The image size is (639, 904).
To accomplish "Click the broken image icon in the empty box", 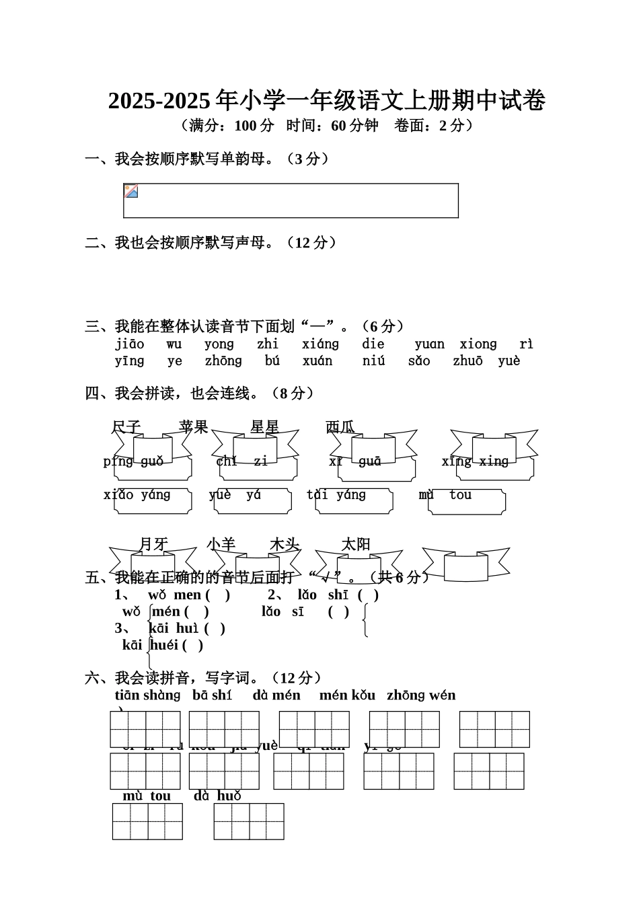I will tap(131, 191).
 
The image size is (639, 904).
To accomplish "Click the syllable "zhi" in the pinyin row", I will tap(267, 344).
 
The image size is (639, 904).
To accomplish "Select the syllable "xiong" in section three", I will tap(478, 344).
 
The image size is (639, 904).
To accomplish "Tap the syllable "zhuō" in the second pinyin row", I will tap(467, 361).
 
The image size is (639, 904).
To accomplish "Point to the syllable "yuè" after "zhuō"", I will tap(509, 361).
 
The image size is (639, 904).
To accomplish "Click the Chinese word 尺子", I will tap(126, 427).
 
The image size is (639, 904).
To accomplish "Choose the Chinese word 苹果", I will tap(194, 427).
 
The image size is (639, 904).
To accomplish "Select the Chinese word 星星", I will tap(264, 427).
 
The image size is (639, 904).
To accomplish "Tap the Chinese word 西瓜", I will tap(340, 427).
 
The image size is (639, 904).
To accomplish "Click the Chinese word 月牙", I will tap(153, 544).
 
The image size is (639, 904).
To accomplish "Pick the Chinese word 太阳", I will tap(356, 544).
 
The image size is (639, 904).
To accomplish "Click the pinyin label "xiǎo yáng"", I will tap(137, 495).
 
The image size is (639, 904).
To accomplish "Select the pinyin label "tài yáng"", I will tap(336, 495).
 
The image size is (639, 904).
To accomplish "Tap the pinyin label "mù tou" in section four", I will tap(445, 495).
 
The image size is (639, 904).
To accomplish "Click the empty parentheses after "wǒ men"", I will tap(218, 595).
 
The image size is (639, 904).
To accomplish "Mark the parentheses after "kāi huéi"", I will tap(192, 645).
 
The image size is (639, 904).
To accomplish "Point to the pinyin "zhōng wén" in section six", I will tap(421, 695).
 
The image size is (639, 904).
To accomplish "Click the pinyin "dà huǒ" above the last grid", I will tap(217, 796).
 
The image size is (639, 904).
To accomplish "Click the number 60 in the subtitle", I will tap(338, 125).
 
